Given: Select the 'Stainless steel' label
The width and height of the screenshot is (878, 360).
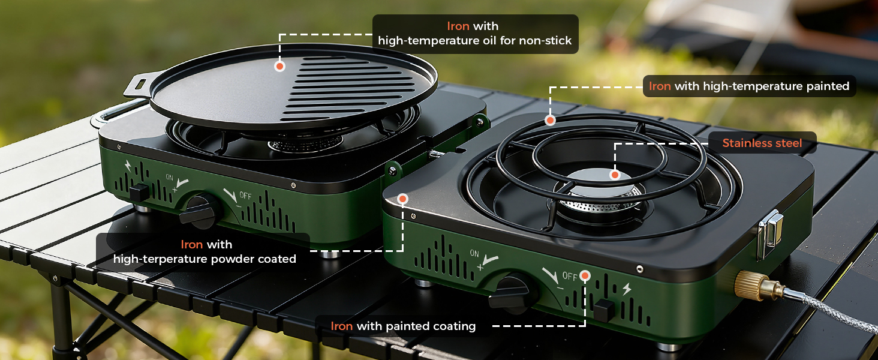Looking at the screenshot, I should point(762,143).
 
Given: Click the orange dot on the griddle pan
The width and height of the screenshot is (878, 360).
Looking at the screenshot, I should point(279,66).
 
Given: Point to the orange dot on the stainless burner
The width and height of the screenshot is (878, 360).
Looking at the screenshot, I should point(614,175).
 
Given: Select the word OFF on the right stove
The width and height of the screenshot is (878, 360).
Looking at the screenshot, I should point(570,277).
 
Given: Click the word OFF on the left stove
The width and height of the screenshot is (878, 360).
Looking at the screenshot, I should point(245,196).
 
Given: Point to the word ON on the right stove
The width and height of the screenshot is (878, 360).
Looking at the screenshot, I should point(474,254).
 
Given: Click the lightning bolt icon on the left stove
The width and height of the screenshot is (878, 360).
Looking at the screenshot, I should point(128,166).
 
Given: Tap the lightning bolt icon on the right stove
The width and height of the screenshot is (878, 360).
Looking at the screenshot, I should point(626,289).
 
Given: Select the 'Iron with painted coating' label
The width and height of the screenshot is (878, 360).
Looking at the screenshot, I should point(403,326).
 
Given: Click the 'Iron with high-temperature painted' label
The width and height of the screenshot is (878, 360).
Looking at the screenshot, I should point(749,86).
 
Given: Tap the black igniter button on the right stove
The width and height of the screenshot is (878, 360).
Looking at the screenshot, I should point(604,310).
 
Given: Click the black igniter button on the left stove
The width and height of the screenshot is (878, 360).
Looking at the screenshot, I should point(139,193).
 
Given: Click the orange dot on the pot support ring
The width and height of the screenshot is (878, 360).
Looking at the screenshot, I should point(550,121).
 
